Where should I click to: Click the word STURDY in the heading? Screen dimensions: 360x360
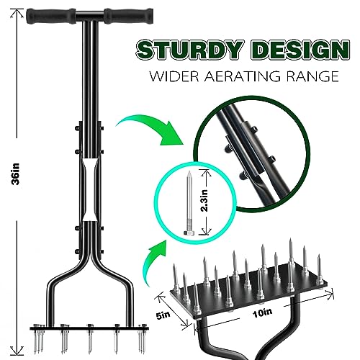coord(189,50)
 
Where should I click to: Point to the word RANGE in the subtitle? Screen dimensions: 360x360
coord(311,76)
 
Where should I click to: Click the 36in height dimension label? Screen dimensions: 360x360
coord(17,174)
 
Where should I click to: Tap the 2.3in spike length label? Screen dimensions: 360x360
coord(204,201)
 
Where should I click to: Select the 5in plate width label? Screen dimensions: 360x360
coord(163,315)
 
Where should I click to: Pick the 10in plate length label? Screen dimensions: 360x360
coord(262,312)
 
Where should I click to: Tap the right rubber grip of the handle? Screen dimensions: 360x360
coord(129,16)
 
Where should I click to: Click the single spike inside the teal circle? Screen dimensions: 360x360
coord(189,203)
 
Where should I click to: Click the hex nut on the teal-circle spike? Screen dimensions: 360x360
coord(186,233)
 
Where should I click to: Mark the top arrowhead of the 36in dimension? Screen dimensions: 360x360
coord(17,12)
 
